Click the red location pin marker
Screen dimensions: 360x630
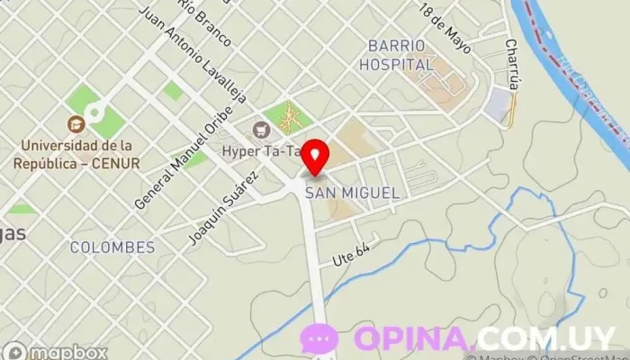[315, 157]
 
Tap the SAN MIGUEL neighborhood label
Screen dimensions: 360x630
[352, 193]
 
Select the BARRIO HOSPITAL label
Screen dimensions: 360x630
[396, 55]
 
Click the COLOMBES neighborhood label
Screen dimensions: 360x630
[112, 247]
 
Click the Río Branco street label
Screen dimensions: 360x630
[204, 22]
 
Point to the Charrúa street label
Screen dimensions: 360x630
[513, 62]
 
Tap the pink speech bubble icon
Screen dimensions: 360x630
[319, 338]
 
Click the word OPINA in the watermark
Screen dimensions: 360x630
[414, 338]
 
